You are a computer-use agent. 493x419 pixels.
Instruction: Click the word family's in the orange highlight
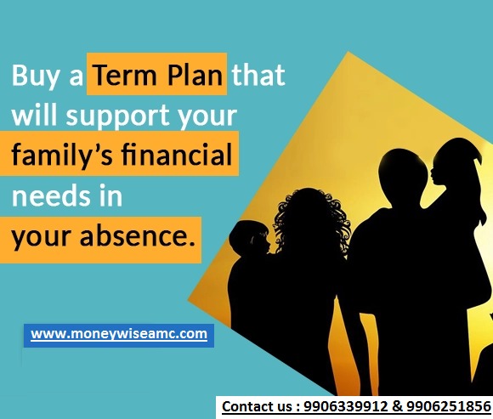coord(63,156)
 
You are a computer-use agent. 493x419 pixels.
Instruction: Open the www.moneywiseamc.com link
coord(119,334)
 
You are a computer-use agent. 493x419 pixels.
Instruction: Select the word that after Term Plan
coord(258,76)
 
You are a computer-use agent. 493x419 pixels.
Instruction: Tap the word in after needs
coord(110,195)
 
